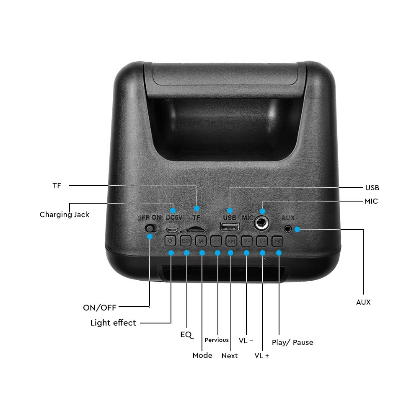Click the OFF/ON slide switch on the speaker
click(x=151, y=228)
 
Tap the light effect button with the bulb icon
click(x=170, y=241)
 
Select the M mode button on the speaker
click(x=201, y=241)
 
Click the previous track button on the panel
click(x=216, y=241)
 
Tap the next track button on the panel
click(x=231, y=241)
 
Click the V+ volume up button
click(x=262, y=241)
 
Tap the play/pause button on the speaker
click(x=277, y=241)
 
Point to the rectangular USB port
click(x=230, y=226)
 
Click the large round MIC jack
click(x=261, y=222)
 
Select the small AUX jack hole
click(x=287, y=229)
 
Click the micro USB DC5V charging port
click(x=172, y=230)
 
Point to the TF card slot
click(x=196, y=229)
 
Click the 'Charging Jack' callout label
click(x=65, y=215)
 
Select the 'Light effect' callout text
click(x=113, y=323)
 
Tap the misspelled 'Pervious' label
click(x=217, y=340)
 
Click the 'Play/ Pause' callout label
click(x=292, y=343)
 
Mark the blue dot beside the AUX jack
click(x=297, y=229)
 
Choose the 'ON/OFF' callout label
click(x=100, y=308)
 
